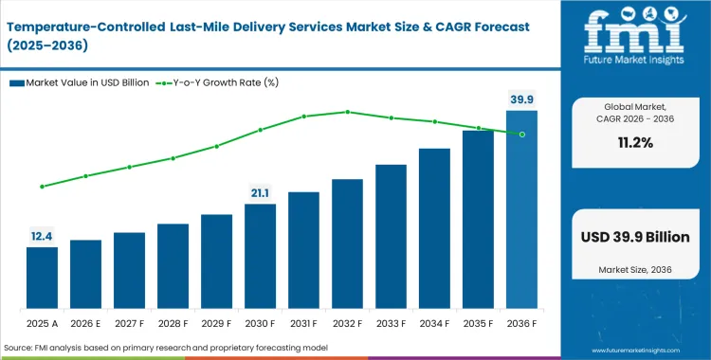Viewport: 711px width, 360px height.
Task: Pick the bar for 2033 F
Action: (391, 238)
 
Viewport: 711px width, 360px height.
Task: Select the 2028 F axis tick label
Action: (173, 322)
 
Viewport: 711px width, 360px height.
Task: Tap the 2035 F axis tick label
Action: (478, 322)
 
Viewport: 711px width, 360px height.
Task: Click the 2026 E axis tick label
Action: (85, 322)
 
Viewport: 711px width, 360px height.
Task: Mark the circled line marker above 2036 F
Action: (521, 134)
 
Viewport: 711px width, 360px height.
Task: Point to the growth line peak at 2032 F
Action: (347, 112)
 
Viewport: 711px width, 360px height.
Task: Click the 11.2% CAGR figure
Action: (635, 143)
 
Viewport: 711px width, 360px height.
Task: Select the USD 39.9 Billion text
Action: (635, 237)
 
